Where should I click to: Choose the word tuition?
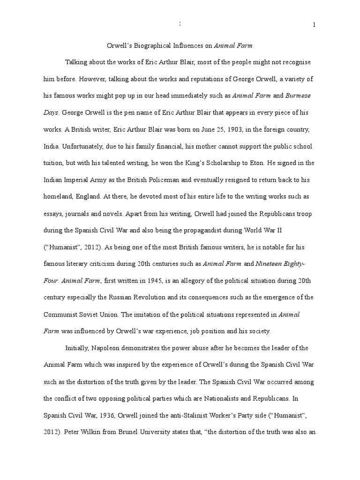click(69, 164)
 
